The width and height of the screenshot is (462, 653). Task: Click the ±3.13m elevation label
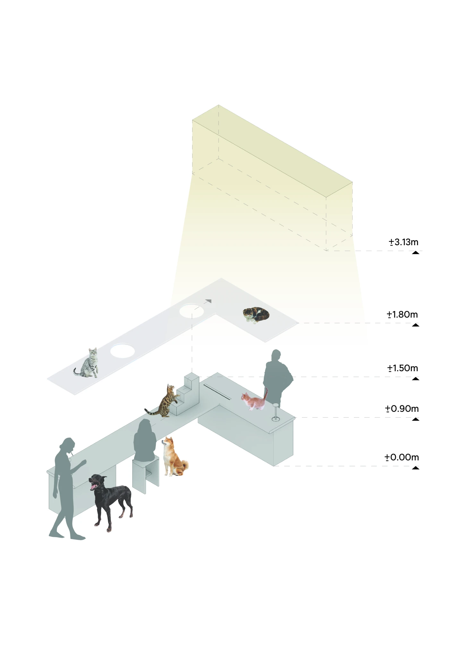(404, 242)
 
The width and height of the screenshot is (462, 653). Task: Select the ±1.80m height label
(402, 315)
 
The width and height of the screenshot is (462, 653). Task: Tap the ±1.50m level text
(403, 368)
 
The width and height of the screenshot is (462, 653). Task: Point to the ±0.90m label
(402, 409)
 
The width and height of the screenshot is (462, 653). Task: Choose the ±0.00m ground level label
(402, 457)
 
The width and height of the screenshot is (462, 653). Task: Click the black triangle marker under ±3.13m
(416, 253)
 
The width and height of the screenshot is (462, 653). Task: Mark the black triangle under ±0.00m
(416, 468)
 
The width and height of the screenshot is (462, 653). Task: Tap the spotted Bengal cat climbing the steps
(164, 401)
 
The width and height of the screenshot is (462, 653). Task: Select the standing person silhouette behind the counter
(278, 378)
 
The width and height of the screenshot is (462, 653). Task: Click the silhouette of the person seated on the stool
(145, 440)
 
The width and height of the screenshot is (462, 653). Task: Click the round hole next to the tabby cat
(123, 351)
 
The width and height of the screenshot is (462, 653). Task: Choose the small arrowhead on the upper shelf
(209, 301)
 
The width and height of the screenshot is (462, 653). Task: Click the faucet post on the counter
(276, 412)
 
